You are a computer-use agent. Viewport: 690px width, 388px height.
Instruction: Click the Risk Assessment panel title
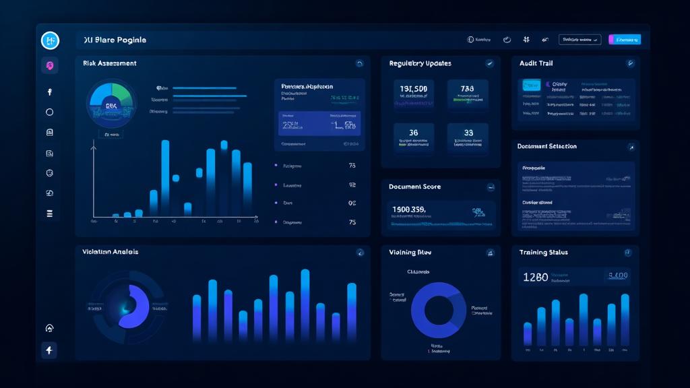click(x=109, y=63)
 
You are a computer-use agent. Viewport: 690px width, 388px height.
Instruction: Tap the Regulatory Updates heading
click(x=420, y=63)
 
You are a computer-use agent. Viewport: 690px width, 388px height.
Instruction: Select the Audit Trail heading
click(x=536, y=63)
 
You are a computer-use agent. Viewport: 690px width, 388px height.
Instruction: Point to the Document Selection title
click(x=546, y=146)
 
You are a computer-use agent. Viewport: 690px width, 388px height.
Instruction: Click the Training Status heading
click(x=543, y=253)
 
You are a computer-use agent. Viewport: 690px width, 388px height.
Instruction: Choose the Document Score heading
click(x=414, y=187)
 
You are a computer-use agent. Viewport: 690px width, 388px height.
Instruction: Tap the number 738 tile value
click(x=467, y=90)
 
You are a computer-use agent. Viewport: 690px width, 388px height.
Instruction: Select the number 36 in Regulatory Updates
click(x=413, y=133)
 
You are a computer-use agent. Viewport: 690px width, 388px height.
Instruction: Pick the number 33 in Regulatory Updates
click(x=468, y=133)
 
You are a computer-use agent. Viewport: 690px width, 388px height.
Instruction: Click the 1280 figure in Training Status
click(x=535, y=277)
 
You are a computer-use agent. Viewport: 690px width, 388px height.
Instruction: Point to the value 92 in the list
click(x=352, y=185)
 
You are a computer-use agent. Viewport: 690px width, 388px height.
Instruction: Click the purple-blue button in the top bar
click(x=624, y=40)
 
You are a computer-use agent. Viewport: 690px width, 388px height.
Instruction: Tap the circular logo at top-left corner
click(x=50, y=40)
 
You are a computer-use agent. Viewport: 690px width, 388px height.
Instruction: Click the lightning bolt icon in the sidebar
click(x=49, y=350)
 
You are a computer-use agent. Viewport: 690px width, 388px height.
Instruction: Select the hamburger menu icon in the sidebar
click(x=49, y=214)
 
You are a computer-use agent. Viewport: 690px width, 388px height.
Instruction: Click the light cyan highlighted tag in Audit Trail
click(x=530, y=86)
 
